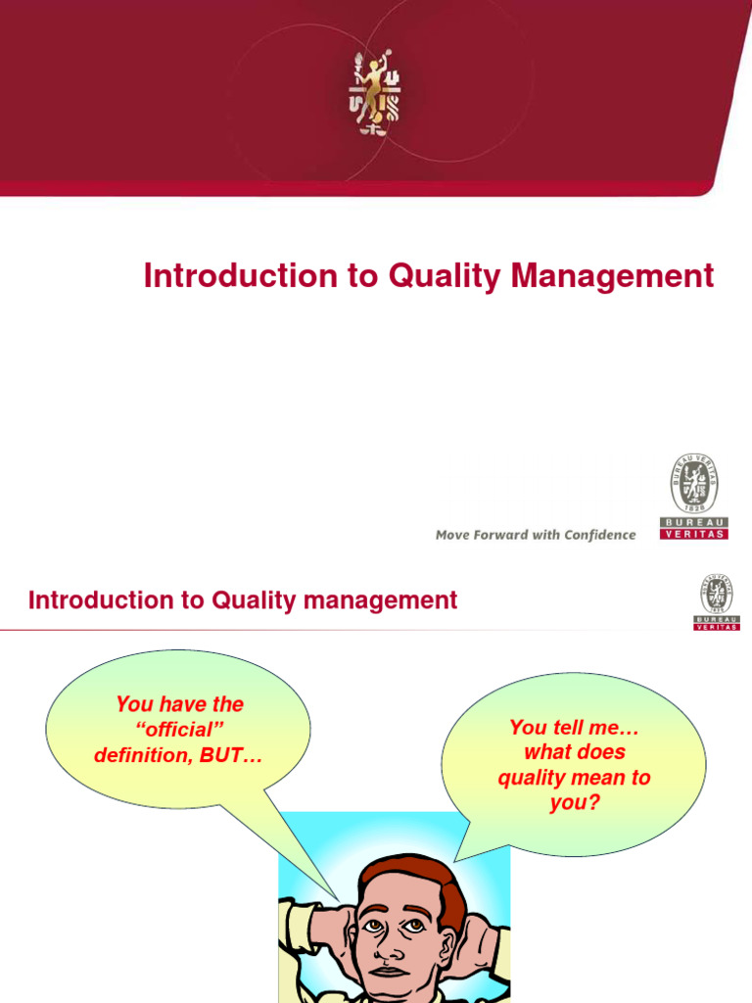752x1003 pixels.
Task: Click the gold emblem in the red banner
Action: tap(376, 94)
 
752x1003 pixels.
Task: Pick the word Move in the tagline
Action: tap(453, 535)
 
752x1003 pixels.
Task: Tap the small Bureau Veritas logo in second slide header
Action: tap(717, 601)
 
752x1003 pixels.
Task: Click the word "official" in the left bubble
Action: tap(179, 730)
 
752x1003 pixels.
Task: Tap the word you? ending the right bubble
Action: tap(574, 804)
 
